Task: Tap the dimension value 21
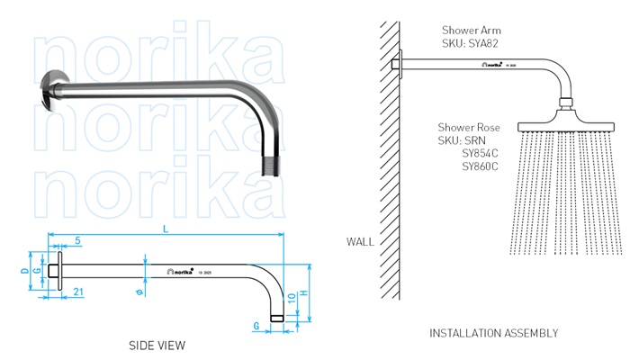(x=79, y=290)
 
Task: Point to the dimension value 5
(x=78, y=240)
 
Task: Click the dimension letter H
(x=305, y=293)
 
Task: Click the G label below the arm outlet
(x=257, y=324)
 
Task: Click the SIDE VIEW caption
(x=158, y=345)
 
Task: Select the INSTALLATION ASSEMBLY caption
(x=493, y=333)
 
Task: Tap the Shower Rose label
(x=469, y=128)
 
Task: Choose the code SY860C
(x=480, y=166)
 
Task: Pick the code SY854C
(x=480, y=154)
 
